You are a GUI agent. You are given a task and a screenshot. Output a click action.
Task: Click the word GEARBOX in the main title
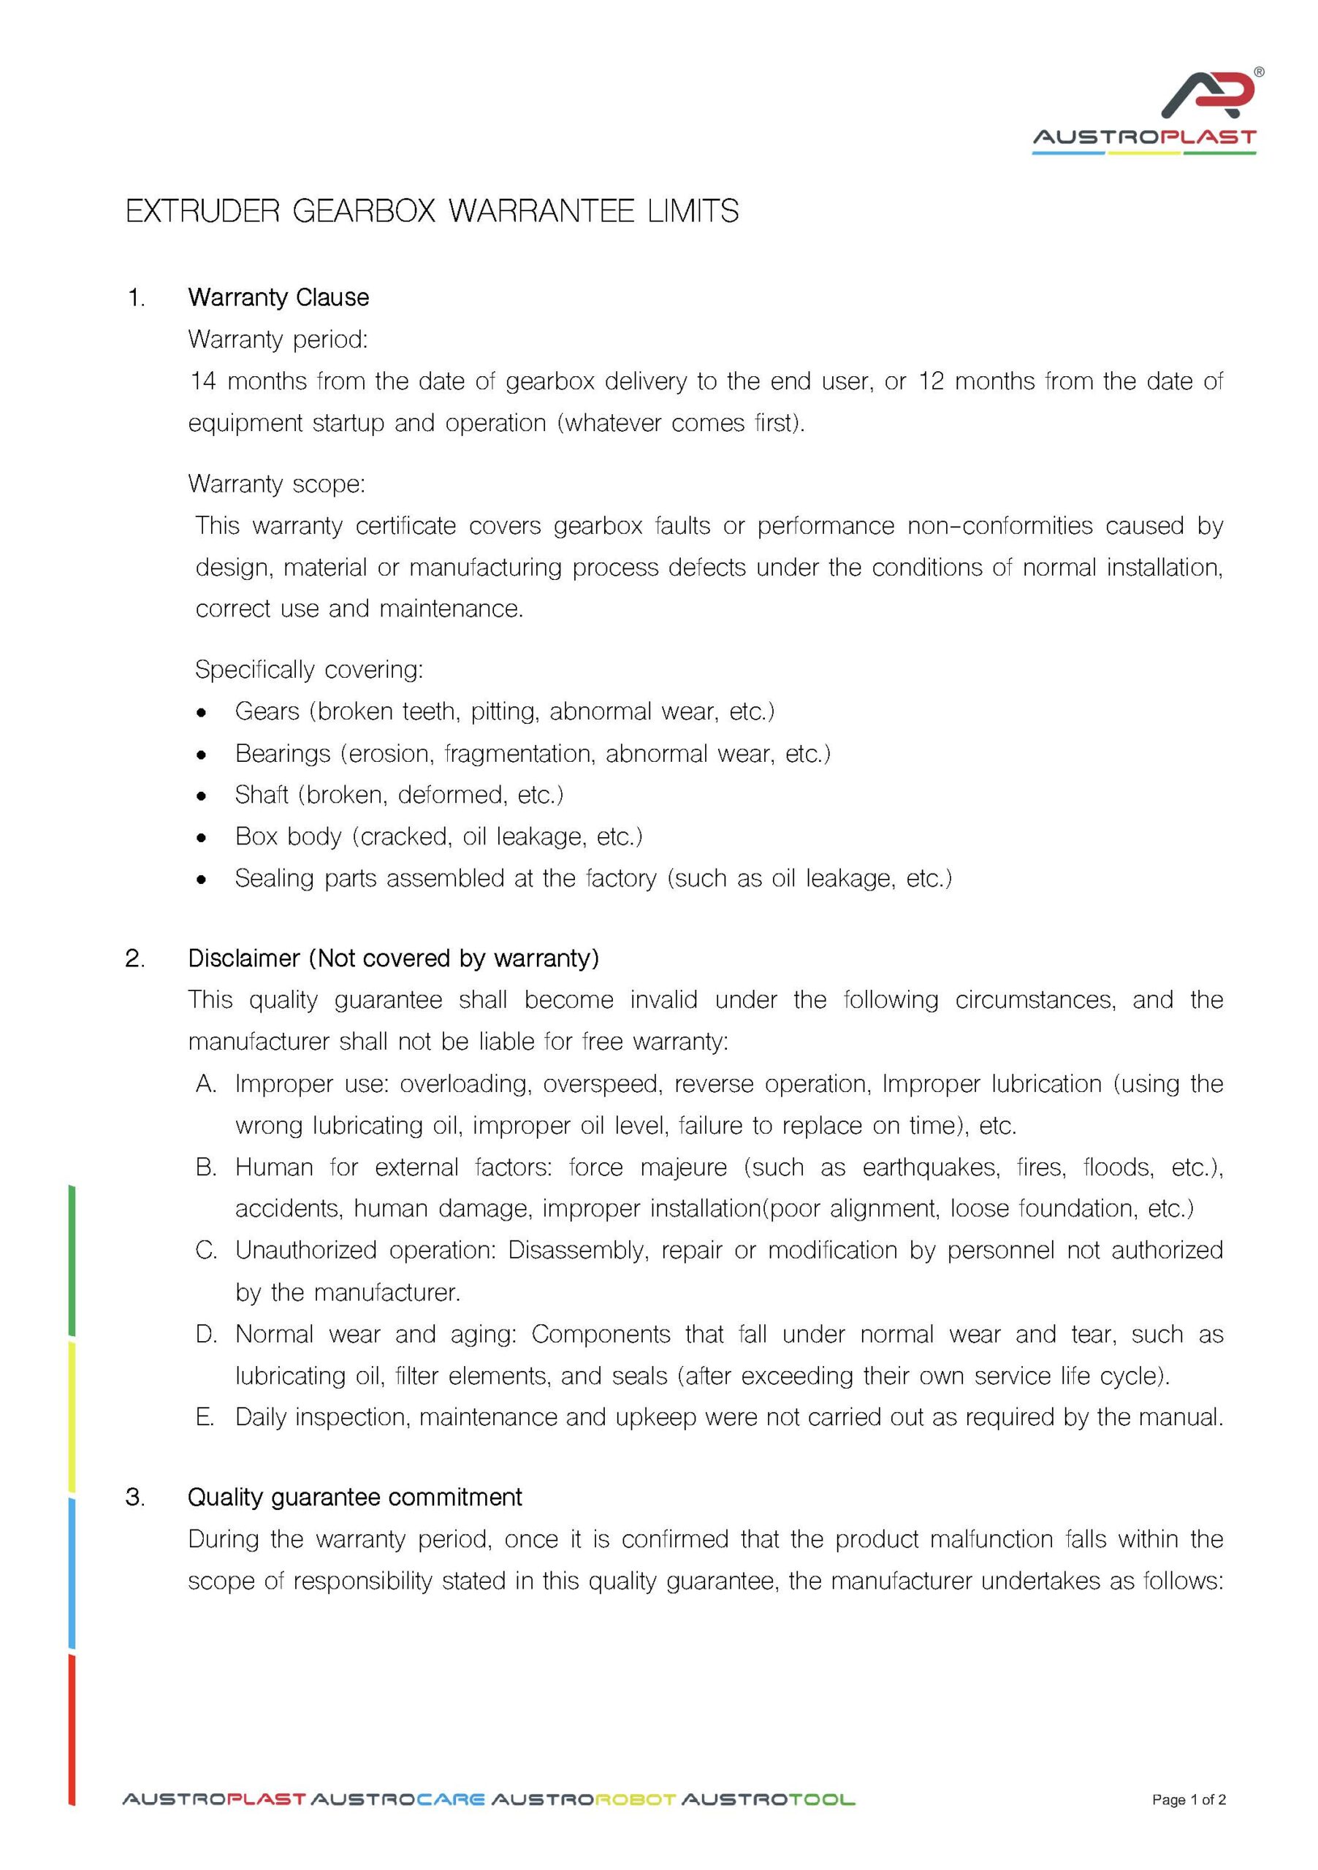pyautogui.click(x=364, y=212)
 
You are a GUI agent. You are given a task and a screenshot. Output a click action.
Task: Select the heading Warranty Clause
pyautogui.click(x=278, y=297)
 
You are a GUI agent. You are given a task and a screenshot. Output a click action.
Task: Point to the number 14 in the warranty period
pyautogui.click(x=202, y=381)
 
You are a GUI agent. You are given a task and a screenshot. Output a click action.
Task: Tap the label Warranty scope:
pyautogui.click(x=276, y=484)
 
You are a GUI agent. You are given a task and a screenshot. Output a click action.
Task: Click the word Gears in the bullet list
pyautogui.click(x=267, y=711)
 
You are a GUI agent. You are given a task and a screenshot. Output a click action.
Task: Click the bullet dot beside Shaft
pyautogui.click(x=201, y=795)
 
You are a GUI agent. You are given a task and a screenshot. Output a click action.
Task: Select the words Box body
pyautogui.click(x=288, y=836)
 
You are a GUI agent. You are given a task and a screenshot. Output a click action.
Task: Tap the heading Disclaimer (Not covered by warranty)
pyautogui.click(x=394, y=958)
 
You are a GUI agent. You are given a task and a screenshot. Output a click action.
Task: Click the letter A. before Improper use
pyautogui.click(x=206, y=1084)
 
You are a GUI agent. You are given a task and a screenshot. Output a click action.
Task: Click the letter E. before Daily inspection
pyautogui.click(x=205, y=1417)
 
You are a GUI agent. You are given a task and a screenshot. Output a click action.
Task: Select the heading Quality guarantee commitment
pyautogui.click(x=354, y=1497)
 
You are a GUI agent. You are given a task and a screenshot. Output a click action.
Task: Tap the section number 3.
pyautogui.click(x=135, y=1497)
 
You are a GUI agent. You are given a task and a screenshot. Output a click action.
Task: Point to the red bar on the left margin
pyautogui.click(x=72, y=1730)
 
